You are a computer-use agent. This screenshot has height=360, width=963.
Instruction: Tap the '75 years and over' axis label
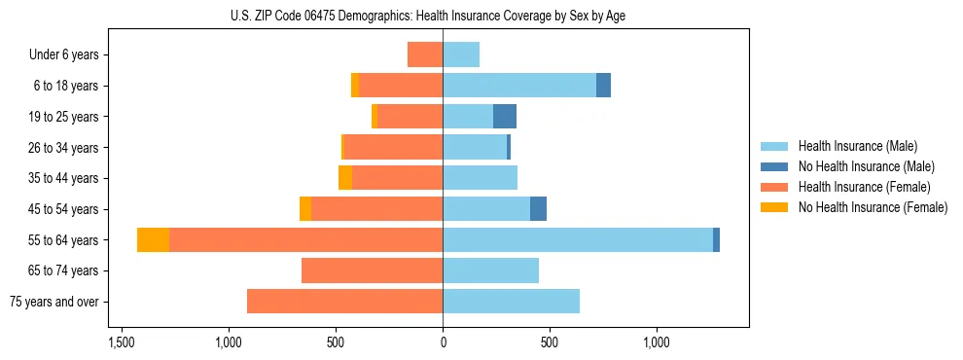(54, 302)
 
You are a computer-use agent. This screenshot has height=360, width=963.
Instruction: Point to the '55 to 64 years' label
(64, 239)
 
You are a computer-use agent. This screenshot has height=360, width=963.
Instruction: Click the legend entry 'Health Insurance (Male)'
(857, 146)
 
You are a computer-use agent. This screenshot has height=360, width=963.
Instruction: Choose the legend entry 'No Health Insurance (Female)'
(873, 207)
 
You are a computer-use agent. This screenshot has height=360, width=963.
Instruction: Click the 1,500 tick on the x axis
(122, 342)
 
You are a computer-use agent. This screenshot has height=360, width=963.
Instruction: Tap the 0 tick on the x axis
(443, 342)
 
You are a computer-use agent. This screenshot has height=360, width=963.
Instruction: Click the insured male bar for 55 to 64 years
(578, 239)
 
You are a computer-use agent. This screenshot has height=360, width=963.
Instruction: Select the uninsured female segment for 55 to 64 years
(154, 239)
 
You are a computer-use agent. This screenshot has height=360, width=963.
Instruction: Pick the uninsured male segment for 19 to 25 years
(505, 117)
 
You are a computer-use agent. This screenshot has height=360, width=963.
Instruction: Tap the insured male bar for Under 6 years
(461, 54)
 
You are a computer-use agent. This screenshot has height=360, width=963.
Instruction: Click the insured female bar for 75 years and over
(345, 302)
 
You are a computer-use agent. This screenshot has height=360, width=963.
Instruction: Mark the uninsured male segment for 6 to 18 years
(603, 86)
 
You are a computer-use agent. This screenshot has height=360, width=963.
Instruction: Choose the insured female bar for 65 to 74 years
(373, 270)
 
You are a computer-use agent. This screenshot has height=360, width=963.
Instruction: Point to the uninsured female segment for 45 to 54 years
(305, 209)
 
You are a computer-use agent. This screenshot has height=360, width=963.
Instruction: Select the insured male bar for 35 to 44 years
(480, 178)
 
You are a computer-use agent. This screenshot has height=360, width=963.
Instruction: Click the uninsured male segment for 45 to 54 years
(538, 209)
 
